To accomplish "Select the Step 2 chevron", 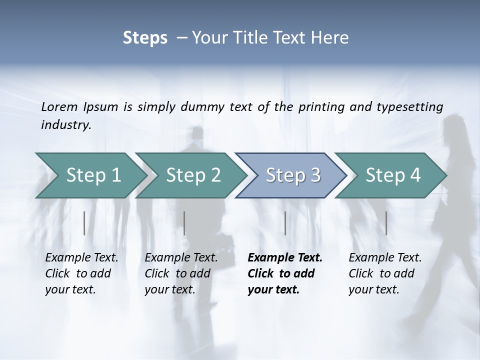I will point(193,175).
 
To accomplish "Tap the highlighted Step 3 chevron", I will point(293,175).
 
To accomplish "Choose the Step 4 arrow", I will point(393,175).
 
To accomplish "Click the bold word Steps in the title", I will point(145,38).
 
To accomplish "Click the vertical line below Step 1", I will point(84,223).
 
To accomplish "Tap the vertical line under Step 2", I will point(184,223).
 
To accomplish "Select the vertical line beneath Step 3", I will point(285,223).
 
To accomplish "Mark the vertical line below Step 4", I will point(386,223).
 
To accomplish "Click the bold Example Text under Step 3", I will point(285,258).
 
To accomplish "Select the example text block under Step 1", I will point(81,273).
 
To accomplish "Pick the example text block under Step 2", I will point(181,273).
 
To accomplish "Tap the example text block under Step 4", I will point(385,273).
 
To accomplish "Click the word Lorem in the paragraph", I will point(59,107).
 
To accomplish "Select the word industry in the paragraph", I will point(66,125).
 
